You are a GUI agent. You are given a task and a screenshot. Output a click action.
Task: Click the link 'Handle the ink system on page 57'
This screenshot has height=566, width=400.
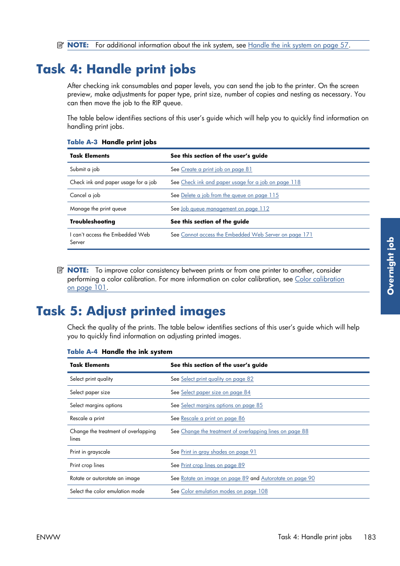[298, 45]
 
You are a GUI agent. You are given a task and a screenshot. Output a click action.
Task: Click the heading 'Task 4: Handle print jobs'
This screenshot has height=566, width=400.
[116, 69]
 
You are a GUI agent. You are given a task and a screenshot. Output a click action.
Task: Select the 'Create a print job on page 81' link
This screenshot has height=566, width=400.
[216, 169]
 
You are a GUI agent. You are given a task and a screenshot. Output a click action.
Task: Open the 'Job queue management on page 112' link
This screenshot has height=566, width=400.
[225, 209]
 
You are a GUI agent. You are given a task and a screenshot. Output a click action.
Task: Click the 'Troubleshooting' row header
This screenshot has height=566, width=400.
[92, 222]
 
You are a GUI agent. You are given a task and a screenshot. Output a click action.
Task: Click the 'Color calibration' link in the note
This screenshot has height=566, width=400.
[319, 279]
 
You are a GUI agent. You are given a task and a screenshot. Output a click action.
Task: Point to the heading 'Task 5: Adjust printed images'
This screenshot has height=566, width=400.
[131, 311]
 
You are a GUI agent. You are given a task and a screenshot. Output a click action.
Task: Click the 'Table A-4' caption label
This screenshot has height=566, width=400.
[82, 352]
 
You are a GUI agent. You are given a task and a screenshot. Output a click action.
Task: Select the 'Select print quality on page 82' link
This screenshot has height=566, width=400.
[217, 379]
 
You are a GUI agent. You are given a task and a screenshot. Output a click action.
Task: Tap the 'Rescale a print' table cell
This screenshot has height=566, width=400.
[87, 418]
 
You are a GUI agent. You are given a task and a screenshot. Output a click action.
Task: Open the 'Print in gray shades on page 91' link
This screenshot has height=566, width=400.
[218, 452]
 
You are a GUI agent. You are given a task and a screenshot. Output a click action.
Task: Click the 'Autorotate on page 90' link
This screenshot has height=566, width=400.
[288, 478]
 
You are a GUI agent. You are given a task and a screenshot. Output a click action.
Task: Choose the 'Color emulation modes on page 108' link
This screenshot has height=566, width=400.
[224, 491]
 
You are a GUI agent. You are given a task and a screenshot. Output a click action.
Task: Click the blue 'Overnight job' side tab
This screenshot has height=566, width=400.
[390, 266]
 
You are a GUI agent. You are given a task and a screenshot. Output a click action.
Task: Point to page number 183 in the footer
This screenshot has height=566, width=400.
[369, 537]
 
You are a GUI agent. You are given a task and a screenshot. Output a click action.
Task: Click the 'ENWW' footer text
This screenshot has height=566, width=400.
[48, 537]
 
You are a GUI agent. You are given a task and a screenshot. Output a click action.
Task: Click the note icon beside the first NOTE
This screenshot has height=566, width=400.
[60, 45]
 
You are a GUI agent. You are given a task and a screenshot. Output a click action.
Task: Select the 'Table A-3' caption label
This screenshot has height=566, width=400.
[82, 142]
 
